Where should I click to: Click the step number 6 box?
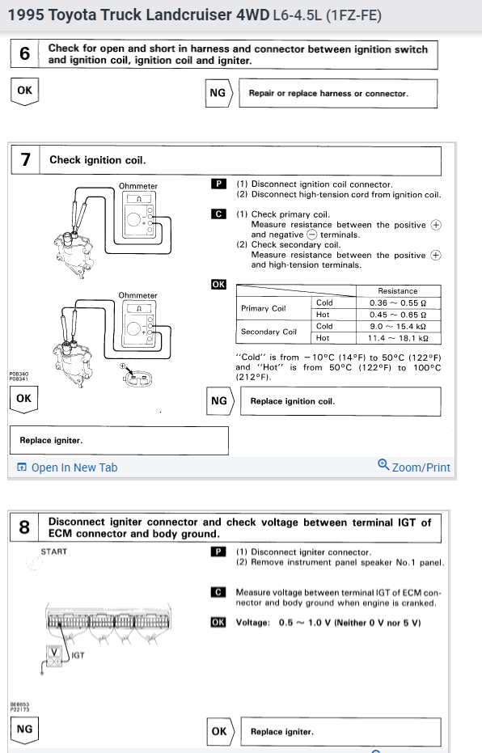pos(24,53)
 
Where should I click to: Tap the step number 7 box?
pos(25,160)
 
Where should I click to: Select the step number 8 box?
pos(24,527)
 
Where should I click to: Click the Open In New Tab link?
pos(67,467)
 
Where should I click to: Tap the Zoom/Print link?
pos(414,467)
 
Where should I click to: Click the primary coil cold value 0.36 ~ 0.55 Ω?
pos(398,303)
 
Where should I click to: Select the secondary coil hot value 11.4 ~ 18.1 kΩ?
pos(398,338)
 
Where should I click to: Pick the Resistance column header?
pos(398,291)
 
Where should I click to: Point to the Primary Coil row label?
pos(264,308)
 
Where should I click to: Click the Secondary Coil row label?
pos(268,332)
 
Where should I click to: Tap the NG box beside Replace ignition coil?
pos(220,401)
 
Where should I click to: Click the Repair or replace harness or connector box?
pos(338,94)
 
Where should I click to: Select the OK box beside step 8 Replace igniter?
pos(220,731)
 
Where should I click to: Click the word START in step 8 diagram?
pos(53,552)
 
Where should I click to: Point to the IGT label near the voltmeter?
pos(78,655)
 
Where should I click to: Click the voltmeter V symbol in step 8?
pos(53,652)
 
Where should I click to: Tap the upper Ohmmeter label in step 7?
pos(138,186)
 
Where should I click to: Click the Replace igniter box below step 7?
pos(119,440)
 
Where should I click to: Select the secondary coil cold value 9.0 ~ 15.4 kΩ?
pos(398,327)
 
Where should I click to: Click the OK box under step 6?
pos(24,91)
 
